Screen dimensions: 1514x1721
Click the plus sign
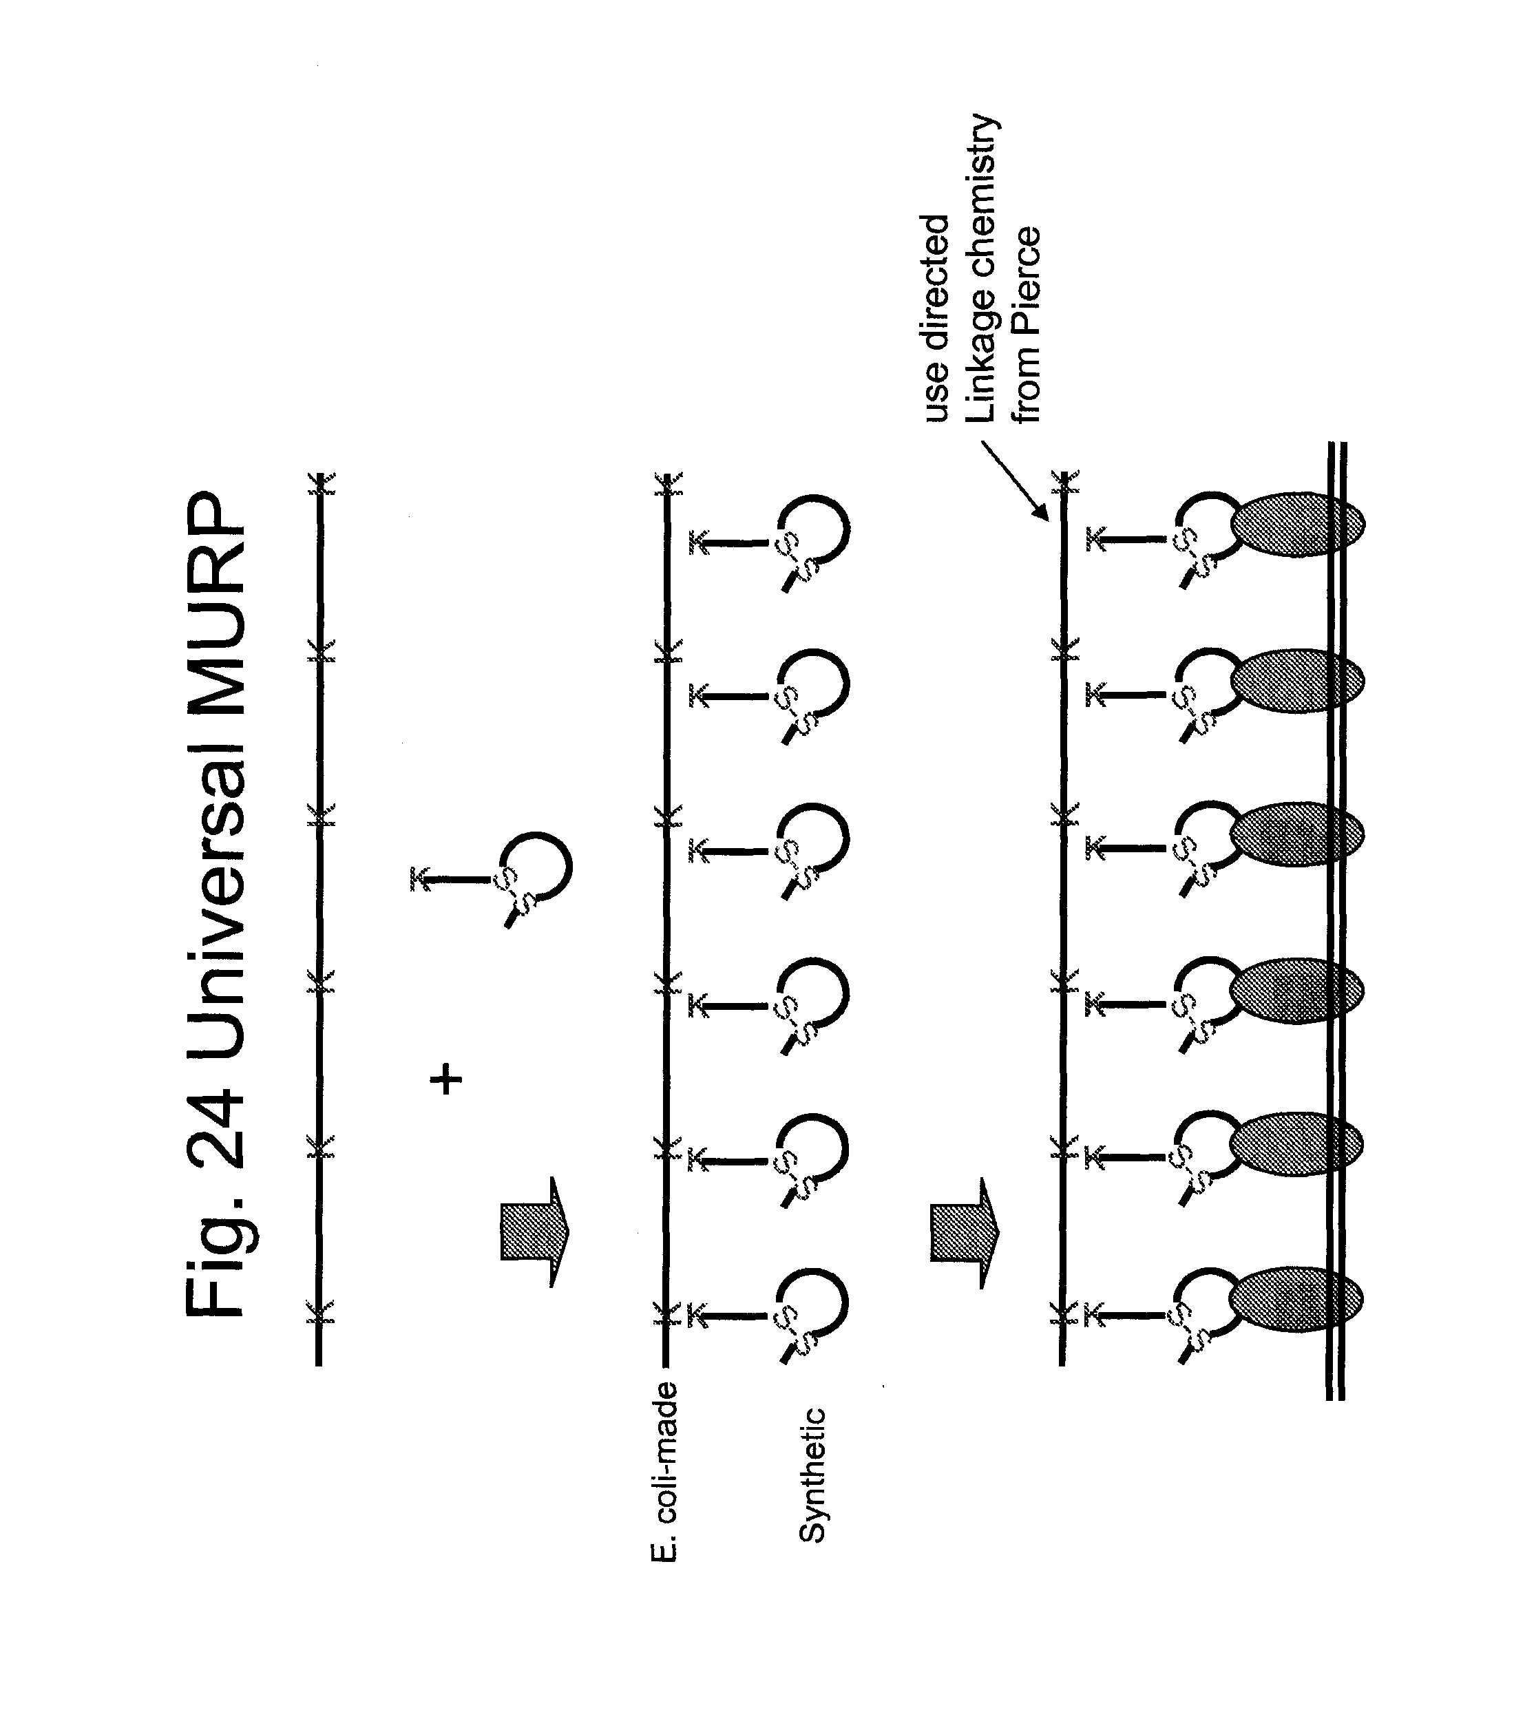pyautogui.click(x=446, y=1079)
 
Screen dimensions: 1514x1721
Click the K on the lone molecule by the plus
pyautogui.click(x=418, y=879)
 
